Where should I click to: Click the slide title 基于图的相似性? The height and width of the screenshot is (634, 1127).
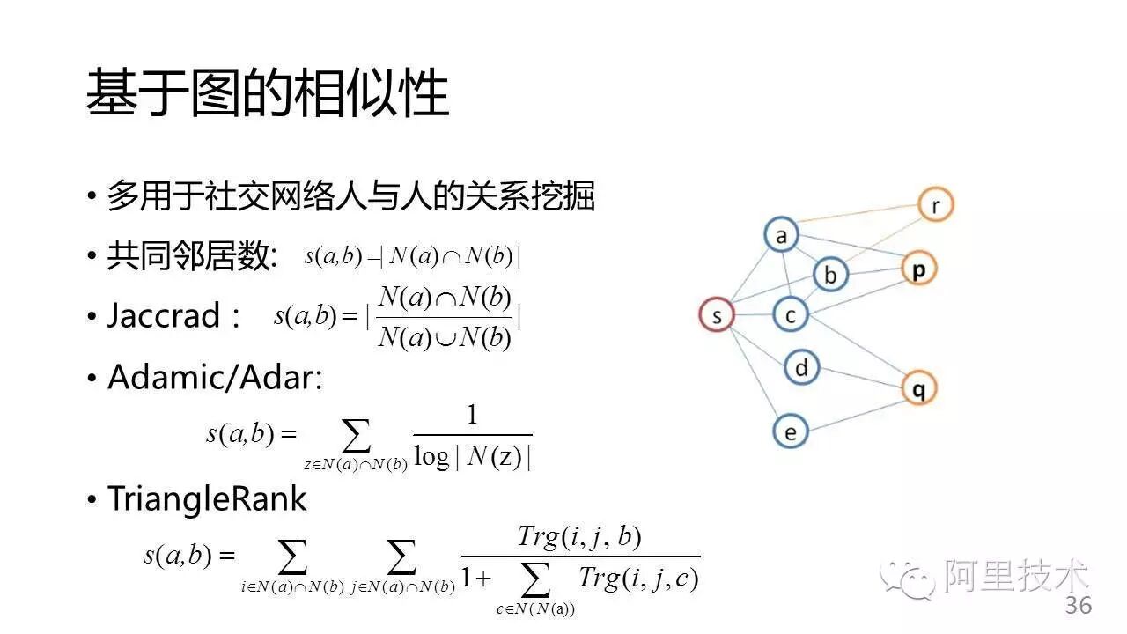268,94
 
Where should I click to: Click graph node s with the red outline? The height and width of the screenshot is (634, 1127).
717,315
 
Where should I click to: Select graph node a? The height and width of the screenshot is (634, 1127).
780,235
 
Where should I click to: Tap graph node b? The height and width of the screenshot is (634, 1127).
829,275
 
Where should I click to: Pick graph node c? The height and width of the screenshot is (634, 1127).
790,314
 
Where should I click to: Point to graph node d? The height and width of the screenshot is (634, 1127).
800,366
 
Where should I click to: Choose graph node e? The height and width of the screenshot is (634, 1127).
790,431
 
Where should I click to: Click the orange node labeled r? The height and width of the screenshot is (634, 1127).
935,204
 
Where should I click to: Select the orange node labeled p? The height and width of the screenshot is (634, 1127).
918,269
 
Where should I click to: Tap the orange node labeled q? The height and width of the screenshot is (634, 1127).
918,387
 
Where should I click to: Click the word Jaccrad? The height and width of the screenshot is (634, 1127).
163,316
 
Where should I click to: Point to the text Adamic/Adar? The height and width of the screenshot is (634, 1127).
215,378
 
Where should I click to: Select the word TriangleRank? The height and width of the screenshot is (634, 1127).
207,499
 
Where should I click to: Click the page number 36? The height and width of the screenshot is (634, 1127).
1079,606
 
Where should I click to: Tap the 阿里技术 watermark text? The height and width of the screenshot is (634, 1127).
1017,577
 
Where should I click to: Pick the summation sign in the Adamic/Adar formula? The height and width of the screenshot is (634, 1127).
356,435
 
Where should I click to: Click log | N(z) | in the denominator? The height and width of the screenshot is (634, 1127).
472,458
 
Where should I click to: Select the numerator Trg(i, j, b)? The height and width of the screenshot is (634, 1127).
578,536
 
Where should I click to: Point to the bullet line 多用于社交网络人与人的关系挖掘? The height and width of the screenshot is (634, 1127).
350,196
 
